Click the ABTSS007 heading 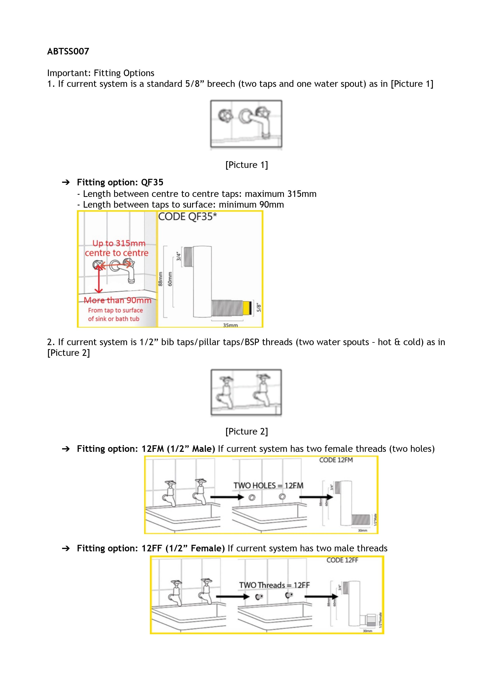pyautogui.click(x=68, y=51)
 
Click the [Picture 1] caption pyautogui.click(x=246, y=165)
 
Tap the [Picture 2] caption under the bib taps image pyautogui.click(x=246, y=431)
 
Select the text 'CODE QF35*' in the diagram pyautogui.click(x=187, y=217)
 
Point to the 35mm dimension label pyautogui.click(x=230, y=325)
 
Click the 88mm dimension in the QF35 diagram pyautogui.click(x=160, y=279)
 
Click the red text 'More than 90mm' pyautogui.click(x=117, y=300)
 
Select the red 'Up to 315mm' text pyautogui.click(x=119, y=243)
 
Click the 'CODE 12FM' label pyautogui.click(x=336, y=460)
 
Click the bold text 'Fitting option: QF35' pyautogui.click(x=120, y=182)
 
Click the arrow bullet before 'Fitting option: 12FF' pyautogui.click(x=66, y=548)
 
